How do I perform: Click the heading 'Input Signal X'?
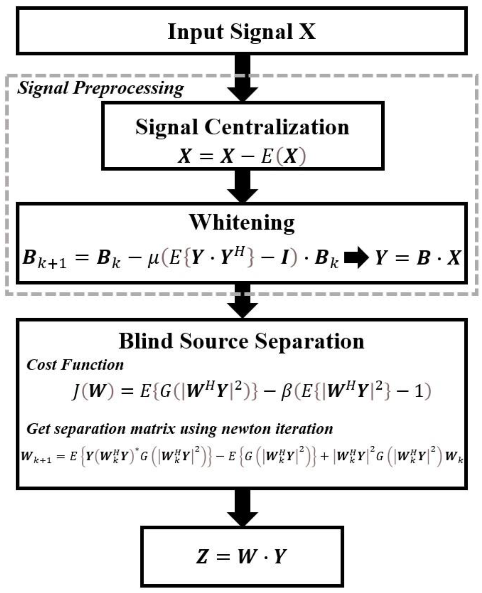pos(241,31)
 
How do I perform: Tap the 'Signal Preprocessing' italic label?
pos(100,88)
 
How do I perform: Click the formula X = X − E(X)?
pos(242,156)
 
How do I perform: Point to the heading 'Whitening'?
pos(242,223)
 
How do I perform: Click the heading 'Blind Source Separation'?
pos(241,341)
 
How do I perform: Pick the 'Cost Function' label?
pos(75,365)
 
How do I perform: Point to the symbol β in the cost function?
pos(286,392)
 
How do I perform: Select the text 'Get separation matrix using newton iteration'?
pos(180,429)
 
